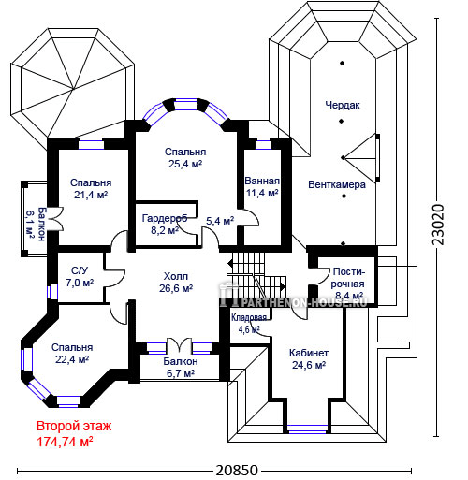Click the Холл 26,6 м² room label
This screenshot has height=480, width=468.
(176, 283)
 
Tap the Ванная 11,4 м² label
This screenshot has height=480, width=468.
(262, 187)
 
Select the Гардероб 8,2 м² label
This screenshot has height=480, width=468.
(165, 224)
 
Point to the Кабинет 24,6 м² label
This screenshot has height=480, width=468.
(309, 358)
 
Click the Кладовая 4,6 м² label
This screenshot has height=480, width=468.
(249, 324)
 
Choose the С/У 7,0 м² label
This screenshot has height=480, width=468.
(80, 276)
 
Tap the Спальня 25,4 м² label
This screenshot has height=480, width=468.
(185, 158)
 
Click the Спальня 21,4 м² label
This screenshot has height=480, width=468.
(91, 189)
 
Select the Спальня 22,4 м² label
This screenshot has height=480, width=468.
(72, 354)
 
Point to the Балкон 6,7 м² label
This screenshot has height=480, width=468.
(181, 368)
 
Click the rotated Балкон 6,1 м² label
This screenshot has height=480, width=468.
(36, 224)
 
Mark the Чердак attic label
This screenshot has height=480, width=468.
(343, 105)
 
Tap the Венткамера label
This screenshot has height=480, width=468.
(337, 184)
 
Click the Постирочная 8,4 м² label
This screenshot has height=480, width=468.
(348, 284)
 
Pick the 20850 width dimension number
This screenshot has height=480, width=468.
(237, 471)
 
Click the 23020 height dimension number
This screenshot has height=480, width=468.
(438, 225)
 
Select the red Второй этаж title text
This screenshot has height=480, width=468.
(74, 426)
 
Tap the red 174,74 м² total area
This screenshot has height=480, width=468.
(65, 442)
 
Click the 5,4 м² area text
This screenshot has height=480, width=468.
(220, 221)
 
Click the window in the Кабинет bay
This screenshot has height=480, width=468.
(307, 429)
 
